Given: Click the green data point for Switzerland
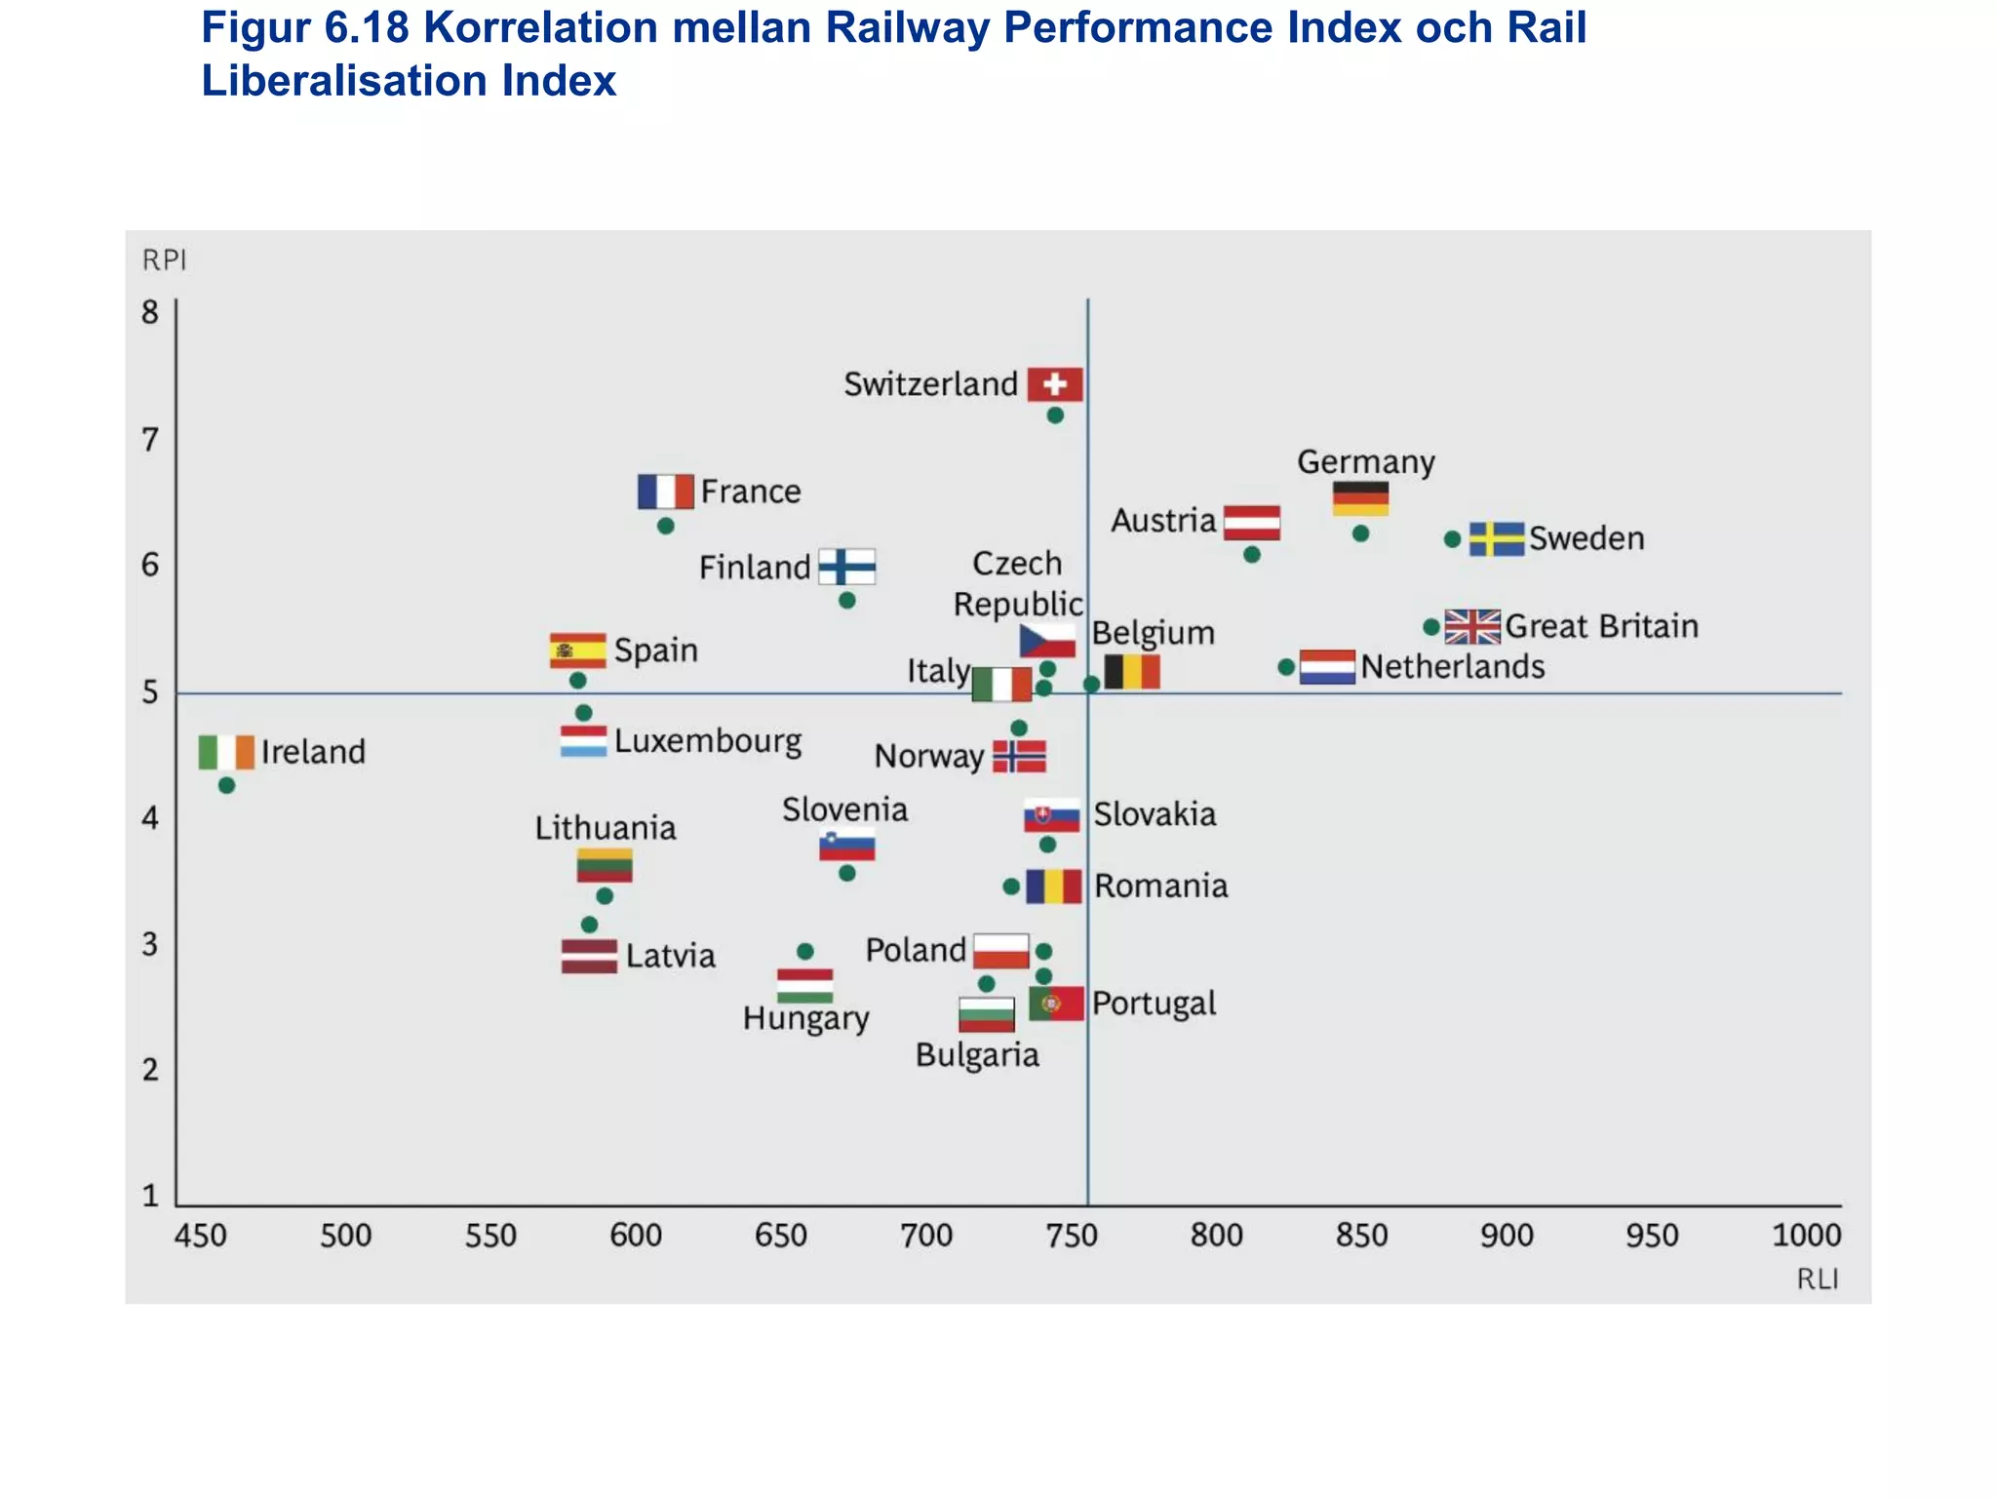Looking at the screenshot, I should (x=1055, y=415).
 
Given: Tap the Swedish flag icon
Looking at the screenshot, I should (x=1497, y=538).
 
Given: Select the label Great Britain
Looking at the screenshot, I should (x=1601, y=626).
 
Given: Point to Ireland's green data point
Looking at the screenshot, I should (x=226, y=785).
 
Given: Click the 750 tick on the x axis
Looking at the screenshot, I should (x=1072, y=1236).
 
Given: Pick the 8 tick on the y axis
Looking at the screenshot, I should (x=150, y=313).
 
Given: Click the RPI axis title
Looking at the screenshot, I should (x=164, y=260).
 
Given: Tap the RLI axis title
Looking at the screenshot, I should (x=1818, y=1279).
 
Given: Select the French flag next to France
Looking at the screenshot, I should (x=665, y=492).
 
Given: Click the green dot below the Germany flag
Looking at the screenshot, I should (x=1361, y=533).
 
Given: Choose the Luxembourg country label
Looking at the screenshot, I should (x=708, y=741).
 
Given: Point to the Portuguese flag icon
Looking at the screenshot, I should (x=1056, y=1004).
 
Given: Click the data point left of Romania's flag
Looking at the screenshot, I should (x=1011, y=887).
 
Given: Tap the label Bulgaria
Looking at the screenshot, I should (x=977, y=1055).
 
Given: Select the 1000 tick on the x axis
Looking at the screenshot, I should (x=1806, y=1236).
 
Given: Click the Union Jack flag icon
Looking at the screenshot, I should (x=1472, y=626).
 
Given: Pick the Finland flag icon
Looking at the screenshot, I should (x=846, y=567).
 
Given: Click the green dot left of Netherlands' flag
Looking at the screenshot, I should (x=1286, y=667).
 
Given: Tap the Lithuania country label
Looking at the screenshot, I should (x=605, y=828).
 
